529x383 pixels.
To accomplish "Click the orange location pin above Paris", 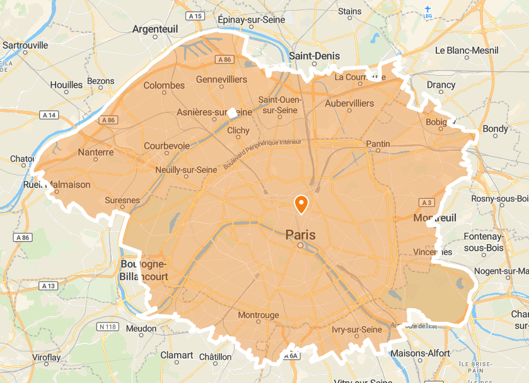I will click(301, 204).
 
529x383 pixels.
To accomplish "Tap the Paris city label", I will click(300, 235).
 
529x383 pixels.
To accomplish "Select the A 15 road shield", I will click(195, 16).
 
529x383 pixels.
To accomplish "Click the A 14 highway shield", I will click(49, 115).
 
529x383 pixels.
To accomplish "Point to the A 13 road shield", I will click(48, 286).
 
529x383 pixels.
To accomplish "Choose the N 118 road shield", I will click(108, 326).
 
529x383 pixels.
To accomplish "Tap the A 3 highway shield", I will click(426, 203).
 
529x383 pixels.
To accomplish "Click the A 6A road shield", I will click(290, 356).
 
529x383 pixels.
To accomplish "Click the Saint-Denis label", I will click(314, 56).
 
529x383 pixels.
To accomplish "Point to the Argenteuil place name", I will click(155, 29).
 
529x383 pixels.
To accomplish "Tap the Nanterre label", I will click(96, 152).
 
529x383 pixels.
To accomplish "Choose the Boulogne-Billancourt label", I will click(144, 270).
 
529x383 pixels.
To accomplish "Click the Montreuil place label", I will click(434, 218).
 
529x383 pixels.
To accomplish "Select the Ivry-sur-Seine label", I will click(357, 329).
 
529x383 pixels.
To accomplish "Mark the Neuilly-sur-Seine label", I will click(186, 170).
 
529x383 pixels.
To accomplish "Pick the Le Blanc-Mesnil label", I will click(467, 50).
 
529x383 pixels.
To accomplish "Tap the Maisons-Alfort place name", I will click(420, 353).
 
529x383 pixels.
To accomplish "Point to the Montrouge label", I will click(259, 315).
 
